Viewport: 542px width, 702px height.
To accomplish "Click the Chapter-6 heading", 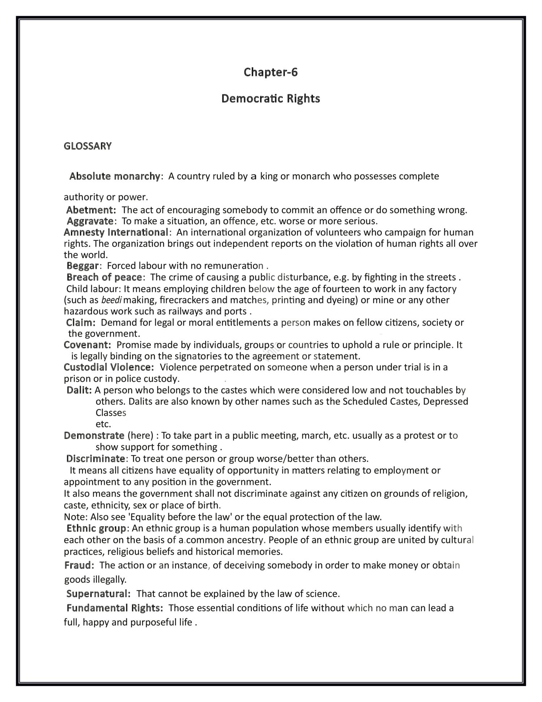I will [x=271, y=72].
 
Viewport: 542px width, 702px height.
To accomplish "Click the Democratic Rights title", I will [x=271, y=98].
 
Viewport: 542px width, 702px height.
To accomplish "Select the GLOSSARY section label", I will [x=88, y=146].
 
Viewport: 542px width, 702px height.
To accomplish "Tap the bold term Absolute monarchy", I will [x=115, y=176].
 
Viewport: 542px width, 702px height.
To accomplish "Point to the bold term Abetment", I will [x=91, y=210].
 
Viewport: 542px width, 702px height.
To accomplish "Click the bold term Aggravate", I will [x=90, y=221].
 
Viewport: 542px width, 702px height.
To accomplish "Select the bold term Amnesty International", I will [x=116, y=232].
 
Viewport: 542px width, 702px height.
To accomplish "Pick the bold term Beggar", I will [x=83, y=266].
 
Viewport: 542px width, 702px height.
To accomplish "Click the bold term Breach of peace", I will [x=104, y=277].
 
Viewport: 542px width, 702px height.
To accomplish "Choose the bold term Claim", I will [x=80, y=323].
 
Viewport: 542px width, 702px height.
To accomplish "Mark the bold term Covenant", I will [x=87, y=345].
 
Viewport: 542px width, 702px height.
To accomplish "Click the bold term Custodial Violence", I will [x=109, y=367].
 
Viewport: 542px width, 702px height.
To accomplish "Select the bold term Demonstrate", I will [x=94, y=435].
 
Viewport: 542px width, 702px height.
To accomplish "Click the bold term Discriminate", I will [x=96, y=459].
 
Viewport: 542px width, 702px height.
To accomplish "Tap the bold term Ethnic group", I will [x=96, y=528].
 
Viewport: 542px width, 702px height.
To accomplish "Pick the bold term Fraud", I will [x=79, y=565].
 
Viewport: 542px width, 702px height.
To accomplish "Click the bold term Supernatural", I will [x=98, y=594].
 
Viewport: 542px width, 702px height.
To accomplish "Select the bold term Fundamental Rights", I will [x=115, y=608].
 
